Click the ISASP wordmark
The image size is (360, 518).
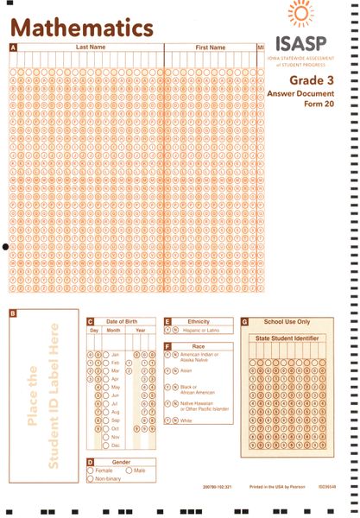point(303,42)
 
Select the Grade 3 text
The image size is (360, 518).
point(307,79)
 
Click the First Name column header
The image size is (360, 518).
point(210,47)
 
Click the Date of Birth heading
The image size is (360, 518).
point(124,321)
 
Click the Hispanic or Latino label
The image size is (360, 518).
point(200,331)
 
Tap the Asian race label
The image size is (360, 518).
point(187,370)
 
